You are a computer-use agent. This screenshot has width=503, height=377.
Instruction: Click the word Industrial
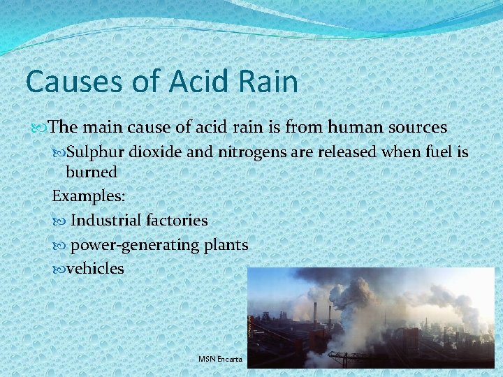tap(107, 221)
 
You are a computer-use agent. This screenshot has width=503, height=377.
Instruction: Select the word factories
tap(177, 221)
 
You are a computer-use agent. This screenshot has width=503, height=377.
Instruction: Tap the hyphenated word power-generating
tap(133, 245)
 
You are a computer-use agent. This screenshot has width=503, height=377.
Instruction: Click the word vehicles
tap(95, 268)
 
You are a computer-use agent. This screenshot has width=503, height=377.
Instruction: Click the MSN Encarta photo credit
tap(220, 359)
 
